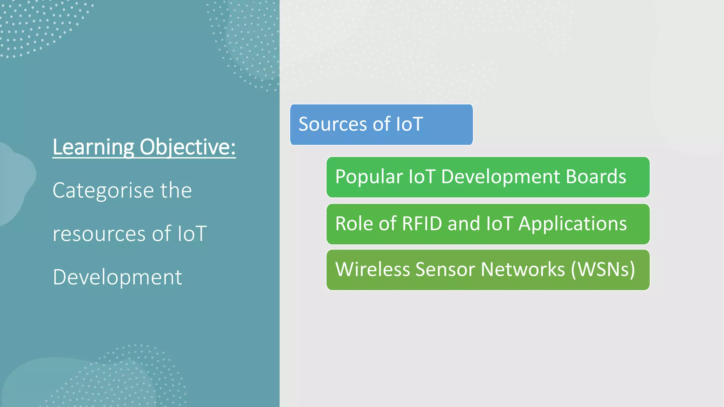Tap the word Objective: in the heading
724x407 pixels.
click(x=188, y=147)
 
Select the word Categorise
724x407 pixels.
click(x=103, y=190)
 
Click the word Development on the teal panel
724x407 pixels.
click(x=117, y=277)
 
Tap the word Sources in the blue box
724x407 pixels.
click(x=333, y=124)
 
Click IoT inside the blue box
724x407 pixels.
click(x=409, y=124)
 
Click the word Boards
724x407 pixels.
click(x=596, y=177)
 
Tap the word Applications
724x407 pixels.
click(x=573, y=224)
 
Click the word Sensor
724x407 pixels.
click(x=445, y=270)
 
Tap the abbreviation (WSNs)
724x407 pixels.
click(x=603, y=270)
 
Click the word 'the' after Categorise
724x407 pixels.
click(x=176, y=190)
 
